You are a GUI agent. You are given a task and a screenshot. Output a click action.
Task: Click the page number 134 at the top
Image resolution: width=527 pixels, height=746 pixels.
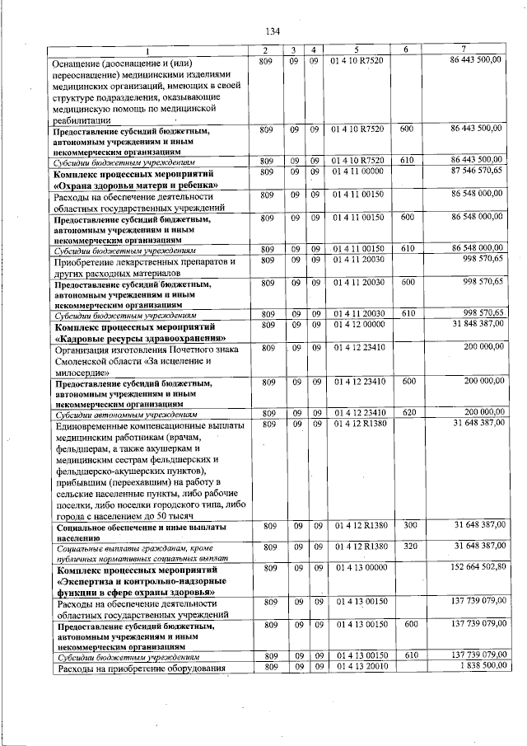263,31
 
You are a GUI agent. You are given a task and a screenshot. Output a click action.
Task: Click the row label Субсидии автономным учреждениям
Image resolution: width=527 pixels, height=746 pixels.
125,413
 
